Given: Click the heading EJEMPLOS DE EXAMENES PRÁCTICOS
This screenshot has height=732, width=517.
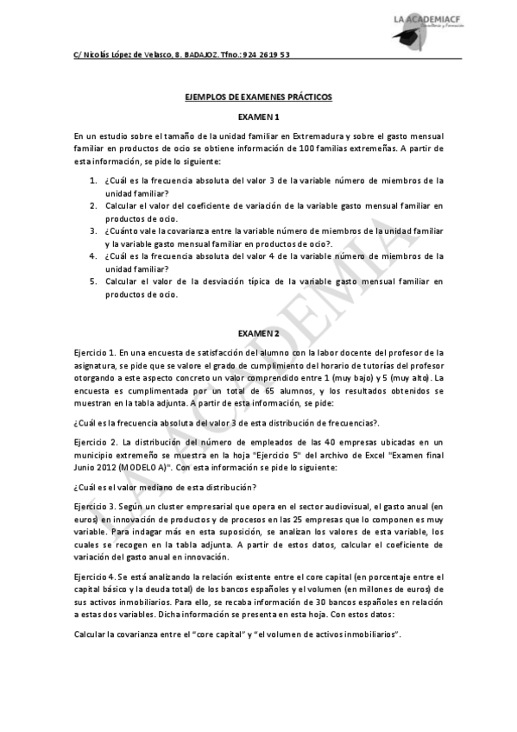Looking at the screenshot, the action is pyautogui.click(x=258, y=98).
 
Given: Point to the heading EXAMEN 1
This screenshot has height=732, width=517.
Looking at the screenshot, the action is pyautogui.click(x=258, y=117).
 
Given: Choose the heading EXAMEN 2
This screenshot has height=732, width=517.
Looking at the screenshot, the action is pyautogui.click(x=258, y=333).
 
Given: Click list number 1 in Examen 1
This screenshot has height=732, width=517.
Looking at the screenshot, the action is pyautogui.click(x=92, y=180).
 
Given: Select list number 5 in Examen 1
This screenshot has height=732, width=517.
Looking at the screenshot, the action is pyautogui.click(x=92, y=281).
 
